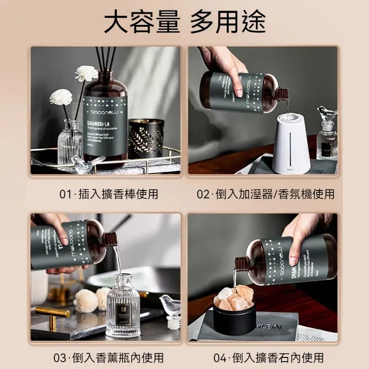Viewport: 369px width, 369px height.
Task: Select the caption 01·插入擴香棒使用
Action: pyautogui.click(x=109, y=194)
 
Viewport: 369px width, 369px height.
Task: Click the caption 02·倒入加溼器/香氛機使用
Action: pyautogui.click(x=265, y=194)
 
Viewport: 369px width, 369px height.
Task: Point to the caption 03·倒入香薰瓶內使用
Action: pyautogui.click(x=109, y=358)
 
